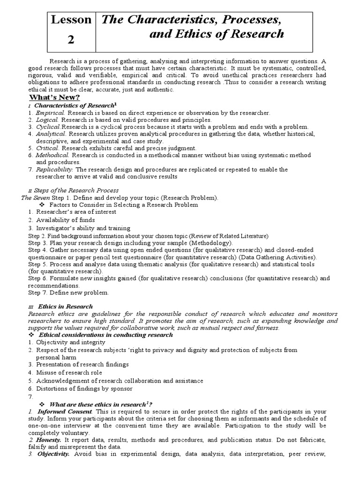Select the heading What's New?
[55, 97]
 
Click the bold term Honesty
[49, 441]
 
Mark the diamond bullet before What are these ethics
[40, 404]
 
